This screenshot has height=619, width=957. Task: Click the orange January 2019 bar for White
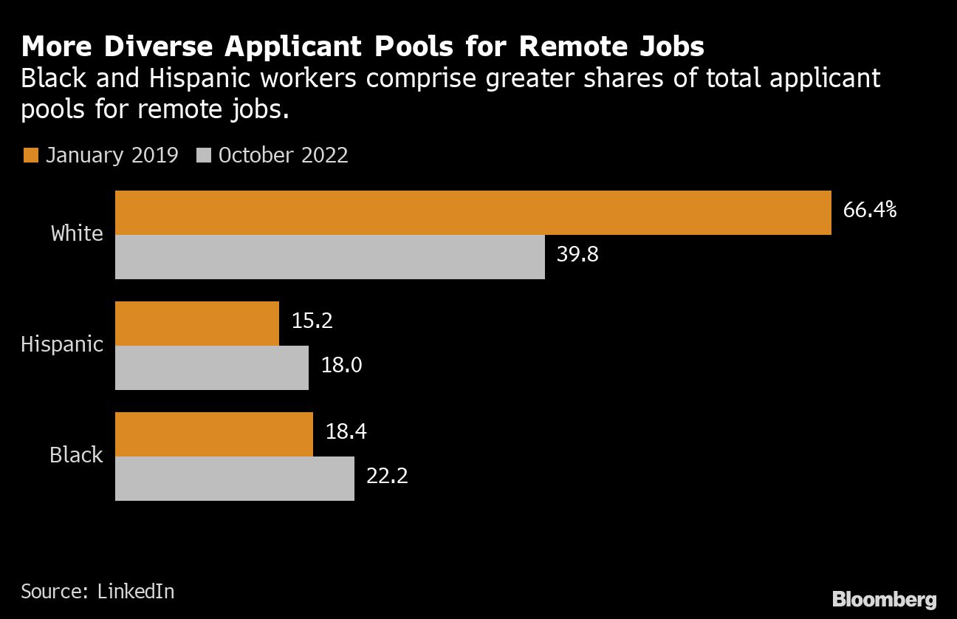(473, 213)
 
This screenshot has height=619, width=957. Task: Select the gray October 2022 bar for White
(329, 257)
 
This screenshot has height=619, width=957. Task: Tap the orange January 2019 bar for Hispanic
(197, 324)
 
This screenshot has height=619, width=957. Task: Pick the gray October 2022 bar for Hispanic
(212, 368)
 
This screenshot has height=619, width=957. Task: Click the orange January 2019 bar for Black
(214, 434)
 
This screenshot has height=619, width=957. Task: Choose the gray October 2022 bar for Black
(235, 479)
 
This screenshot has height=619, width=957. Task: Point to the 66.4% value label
(870, 211)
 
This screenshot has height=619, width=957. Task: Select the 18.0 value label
(341, 366)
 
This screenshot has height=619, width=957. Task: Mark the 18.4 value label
(346, 432)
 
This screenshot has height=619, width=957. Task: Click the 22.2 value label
(387, 476)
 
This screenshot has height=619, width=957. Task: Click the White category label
(77, 233)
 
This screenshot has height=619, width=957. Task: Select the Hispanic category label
(62, 344)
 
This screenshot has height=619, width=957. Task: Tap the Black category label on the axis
(76, 455)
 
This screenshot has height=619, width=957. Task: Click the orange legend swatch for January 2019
(30, 155)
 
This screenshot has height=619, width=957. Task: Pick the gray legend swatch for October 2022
(205, 155)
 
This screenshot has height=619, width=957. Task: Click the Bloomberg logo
(884, 599)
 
